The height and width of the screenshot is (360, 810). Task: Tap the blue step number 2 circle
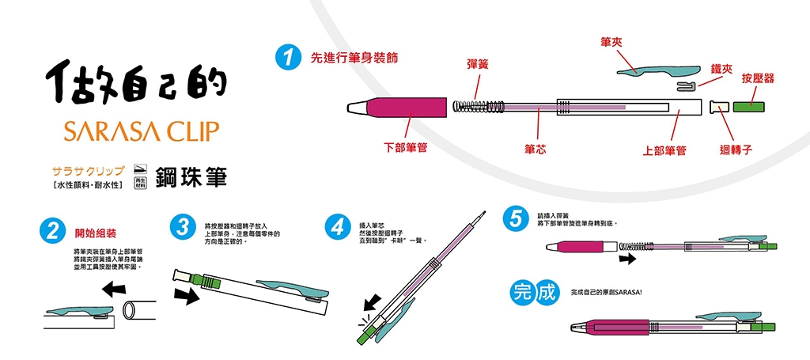pyautogui.click(x=52, y=233)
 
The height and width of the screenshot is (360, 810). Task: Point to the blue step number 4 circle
pyautogui.click(x=339, y=227)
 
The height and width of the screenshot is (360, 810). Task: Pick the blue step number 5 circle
pyautogui.click(x=516, y=219)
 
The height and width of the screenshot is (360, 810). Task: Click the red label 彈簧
pyautogui.click(x=477, y=63)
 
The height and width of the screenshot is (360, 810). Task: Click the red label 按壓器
pyautogui.click(x=758, y=78)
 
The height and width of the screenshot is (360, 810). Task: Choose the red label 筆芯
pyautogui.click(x=536, y=148)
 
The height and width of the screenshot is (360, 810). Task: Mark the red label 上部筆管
pyautogui.click(x=663, y=150)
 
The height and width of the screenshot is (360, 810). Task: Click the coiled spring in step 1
pyautogui.click(x=477, y=106)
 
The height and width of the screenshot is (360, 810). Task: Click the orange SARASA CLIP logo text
pyautogui.click(x=134, y=131)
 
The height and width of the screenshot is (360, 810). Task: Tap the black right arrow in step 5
pyautogui.click(x=627, y=259)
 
